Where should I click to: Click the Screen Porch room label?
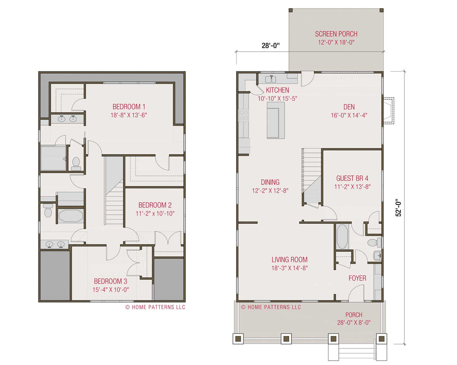336,34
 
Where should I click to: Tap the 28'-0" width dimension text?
270,45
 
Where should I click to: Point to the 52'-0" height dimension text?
399,208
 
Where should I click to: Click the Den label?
349,107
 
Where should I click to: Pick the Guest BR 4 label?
353,178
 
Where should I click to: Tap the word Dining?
270,182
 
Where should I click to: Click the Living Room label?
289,260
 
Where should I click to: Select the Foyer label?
357,278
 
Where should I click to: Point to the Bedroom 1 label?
129,107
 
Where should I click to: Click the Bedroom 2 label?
155,205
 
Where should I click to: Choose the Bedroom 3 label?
111,281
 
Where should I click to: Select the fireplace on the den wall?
388,111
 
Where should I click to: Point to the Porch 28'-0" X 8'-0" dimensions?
354,323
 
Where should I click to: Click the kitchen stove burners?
243,115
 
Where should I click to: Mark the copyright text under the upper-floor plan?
155,307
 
